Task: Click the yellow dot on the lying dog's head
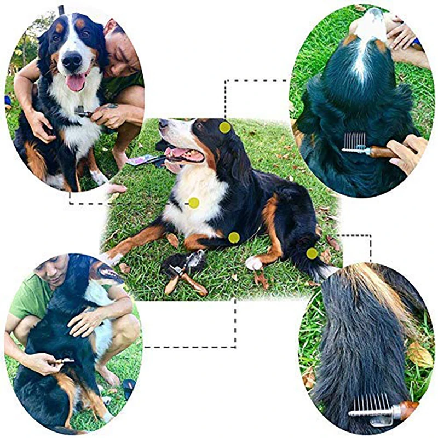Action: tap(225, 127)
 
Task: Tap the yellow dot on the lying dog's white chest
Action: tap(194, 203)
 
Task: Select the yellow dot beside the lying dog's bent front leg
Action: tap(234, 237)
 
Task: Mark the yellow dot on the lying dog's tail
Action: tap(312, 253)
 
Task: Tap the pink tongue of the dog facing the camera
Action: tap(76, 83)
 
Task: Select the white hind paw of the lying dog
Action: tap(253, 263)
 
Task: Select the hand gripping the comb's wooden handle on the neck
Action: tap(408, 153)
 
